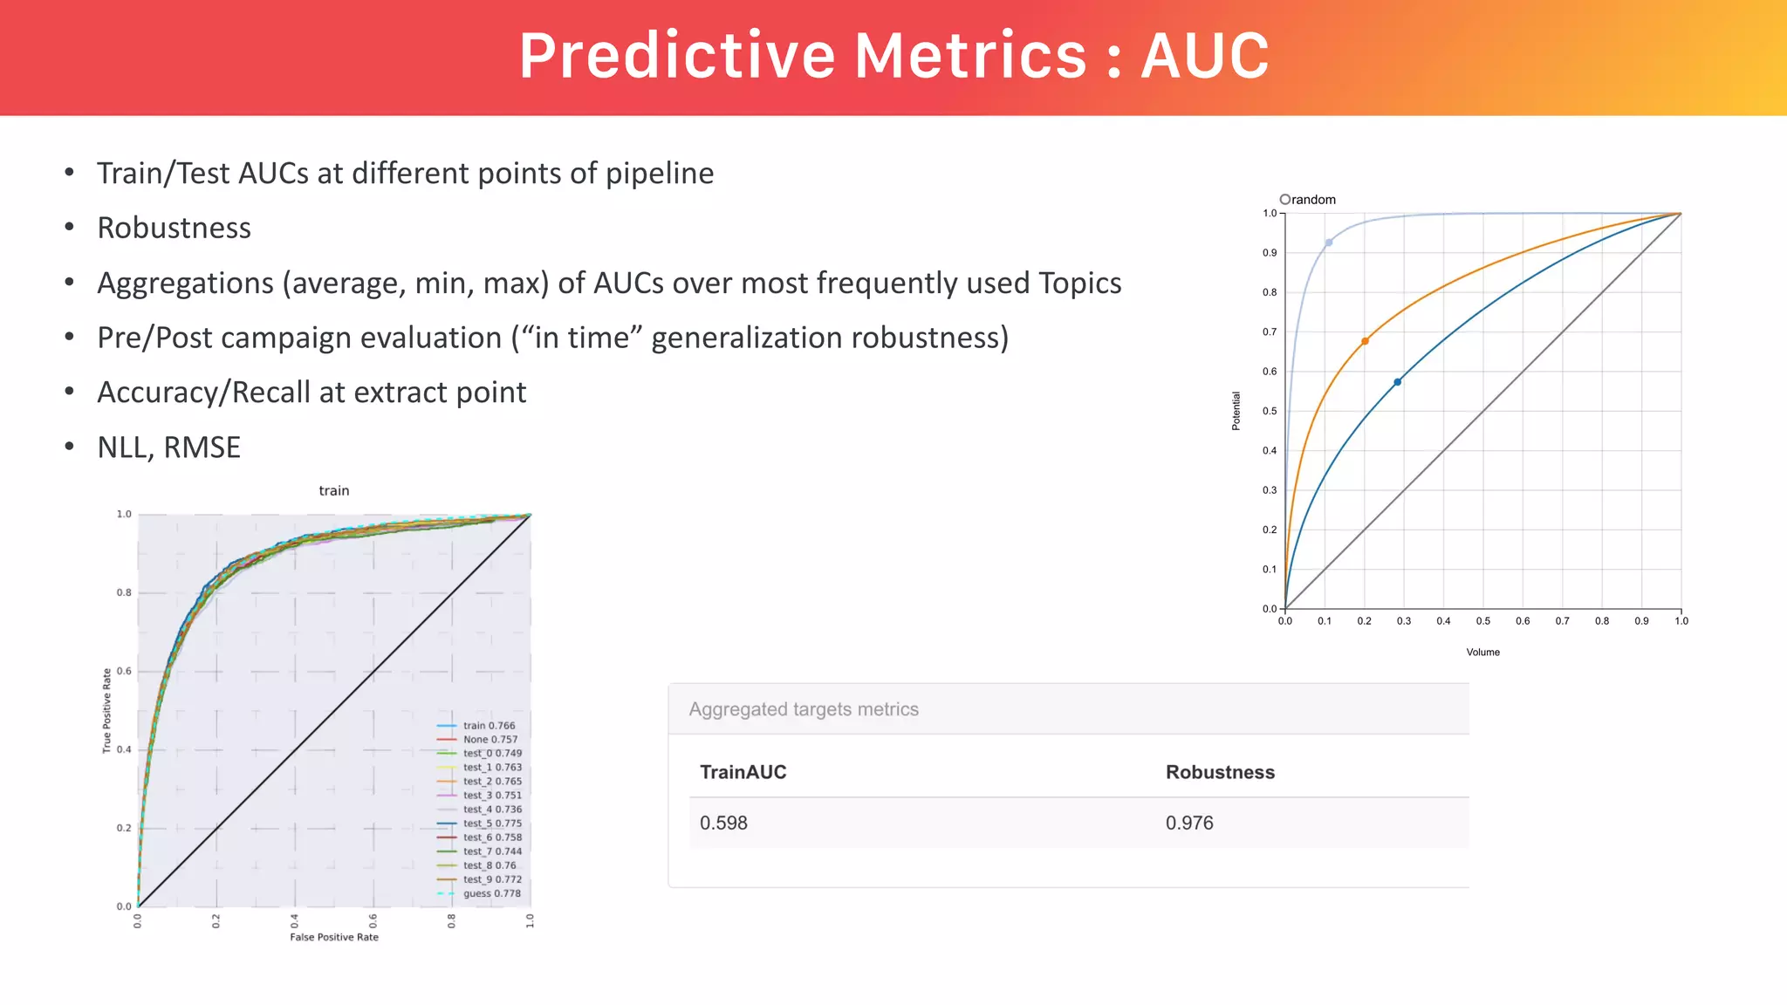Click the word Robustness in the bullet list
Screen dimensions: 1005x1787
click(174, 228)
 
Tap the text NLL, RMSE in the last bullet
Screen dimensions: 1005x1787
click(168, 448)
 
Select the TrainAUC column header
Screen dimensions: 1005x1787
click(743, 772)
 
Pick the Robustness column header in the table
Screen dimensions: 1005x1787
click(1219, 772)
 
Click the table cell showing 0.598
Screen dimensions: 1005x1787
click(723, 823)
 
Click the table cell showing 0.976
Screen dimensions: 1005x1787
click(1188, 823)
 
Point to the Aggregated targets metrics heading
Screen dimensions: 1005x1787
click(803, 709)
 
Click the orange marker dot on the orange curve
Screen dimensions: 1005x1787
click(1365, 341)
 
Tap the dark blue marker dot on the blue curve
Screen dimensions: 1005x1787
click(1397, 382)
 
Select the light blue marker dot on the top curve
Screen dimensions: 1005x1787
click(1328, 243)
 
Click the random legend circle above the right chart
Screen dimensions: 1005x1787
click(1284, 199)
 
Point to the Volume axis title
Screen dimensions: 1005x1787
click(1482, 652)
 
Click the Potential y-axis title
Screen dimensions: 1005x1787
click(1236, 411)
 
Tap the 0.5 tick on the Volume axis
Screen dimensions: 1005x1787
click(1482, 621)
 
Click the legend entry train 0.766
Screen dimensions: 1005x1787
click(489, 726)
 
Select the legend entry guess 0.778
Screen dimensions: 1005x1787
click(491, 893)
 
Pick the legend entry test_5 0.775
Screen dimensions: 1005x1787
click(492, 824)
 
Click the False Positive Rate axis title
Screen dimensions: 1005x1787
click(334, 937)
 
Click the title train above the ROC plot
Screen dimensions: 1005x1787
click(334, 490)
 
